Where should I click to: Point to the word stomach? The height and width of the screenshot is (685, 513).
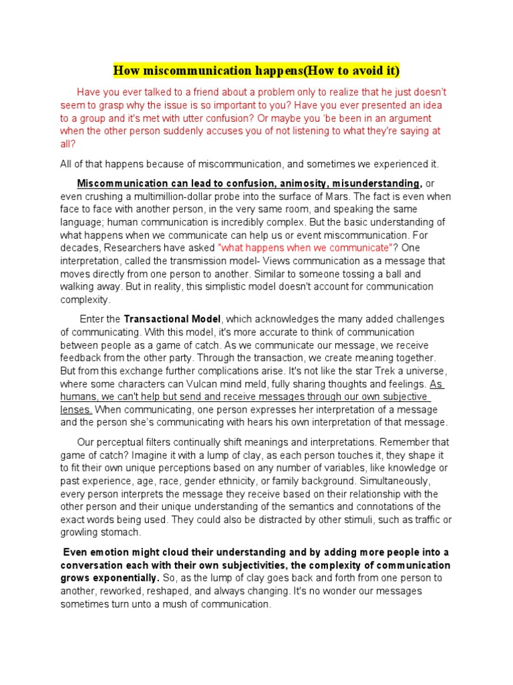click(121, 532)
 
